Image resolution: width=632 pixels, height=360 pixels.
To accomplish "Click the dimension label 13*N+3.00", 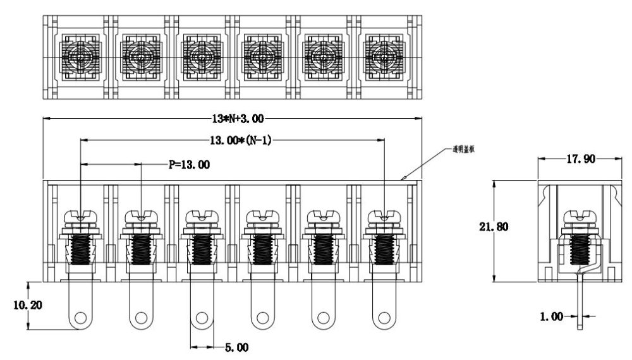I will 233,118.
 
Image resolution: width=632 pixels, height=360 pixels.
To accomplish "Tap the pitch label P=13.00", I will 190,164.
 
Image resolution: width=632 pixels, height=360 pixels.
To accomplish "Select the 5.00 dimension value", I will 237,347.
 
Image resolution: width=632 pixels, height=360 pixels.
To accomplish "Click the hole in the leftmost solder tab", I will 80,318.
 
